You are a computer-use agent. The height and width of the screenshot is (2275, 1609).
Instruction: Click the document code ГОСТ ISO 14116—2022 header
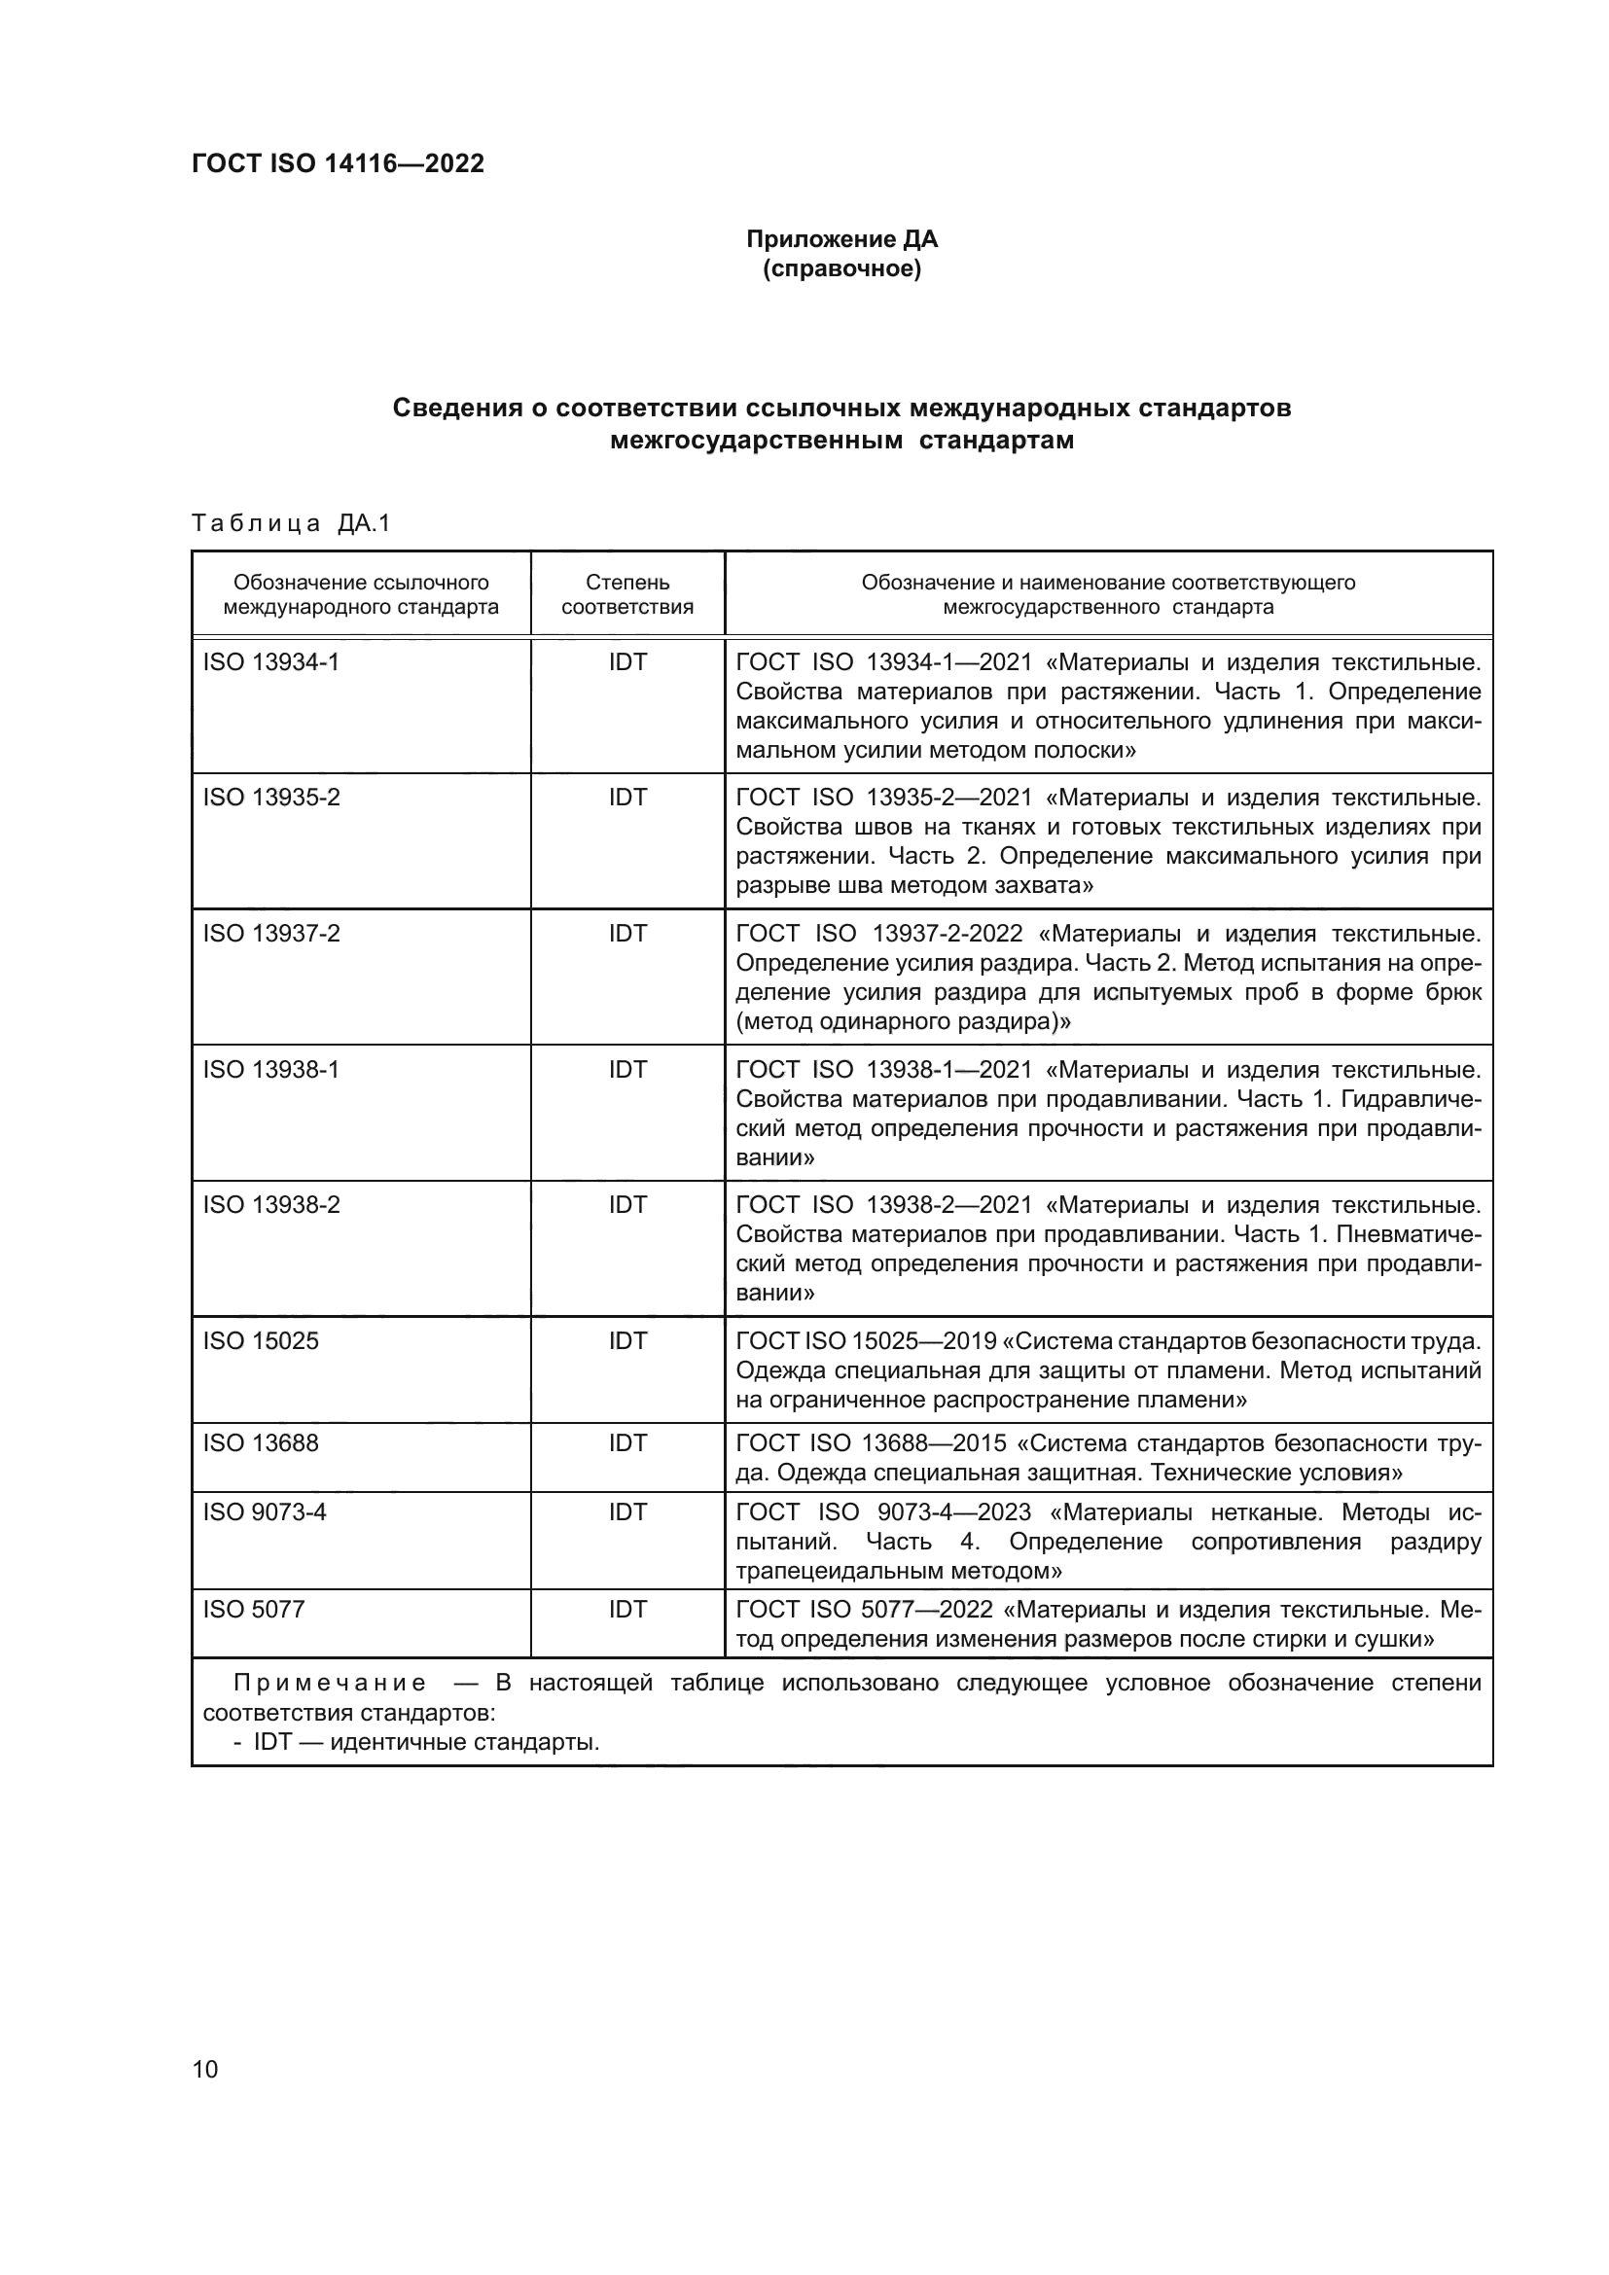pyautogui.click(x=338, y=163)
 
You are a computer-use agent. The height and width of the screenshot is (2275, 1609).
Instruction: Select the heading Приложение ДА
pyautogui.click(x=841, y=239)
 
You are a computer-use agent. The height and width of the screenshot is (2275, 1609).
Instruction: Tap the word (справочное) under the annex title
pyautogui.click(x=841, y=268)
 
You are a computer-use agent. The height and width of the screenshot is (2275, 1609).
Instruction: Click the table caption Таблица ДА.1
pyautogui.click(x=291, y=523)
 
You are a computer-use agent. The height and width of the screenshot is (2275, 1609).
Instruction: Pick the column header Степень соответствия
pyautogui.click(x=627, y=594)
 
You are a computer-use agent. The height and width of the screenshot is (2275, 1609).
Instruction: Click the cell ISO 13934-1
pyautogui.click(x=270, y=662)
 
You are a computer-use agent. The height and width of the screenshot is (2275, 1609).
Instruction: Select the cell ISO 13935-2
pyautogui.click(x=271, y=798)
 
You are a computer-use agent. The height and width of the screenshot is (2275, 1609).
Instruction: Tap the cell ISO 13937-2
pyautogui.click(x=271, y=934)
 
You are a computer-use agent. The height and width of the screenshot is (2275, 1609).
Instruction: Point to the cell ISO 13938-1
pyautogui.click(x=270, y=1069)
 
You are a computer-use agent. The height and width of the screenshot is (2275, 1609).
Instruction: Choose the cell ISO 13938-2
pyautogui.click(x=271, y=1205)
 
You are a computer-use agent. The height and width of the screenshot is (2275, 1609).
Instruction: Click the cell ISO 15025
pyautogui.click(x=261, y=1340)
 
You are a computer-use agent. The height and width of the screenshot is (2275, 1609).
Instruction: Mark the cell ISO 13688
pyautogui.click(x=261, y=1442)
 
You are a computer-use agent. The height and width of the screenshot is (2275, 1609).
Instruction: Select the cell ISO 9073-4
pyautogui.click(x=265, y=1512)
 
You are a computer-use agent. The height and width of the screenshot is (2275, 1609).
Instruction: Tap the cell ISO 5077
pyautogui.click(x=254, y=1609)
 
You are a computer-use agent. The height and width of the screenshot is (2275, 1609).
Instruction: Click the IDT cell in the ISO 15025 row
pyautogui.click(x=627, y=1340)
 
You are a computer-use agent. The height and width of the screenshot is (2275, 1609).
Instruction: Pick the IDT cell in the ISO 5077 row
pyautogui.click(x=627, y=1609)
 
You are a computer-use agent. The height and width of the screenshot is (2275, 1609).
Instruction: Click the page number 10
pyautogui.click(x=205, y=2069)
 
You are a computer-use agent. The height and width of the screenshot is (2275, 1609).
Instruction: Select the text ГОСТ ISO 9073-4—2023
pyautogui.click(x=883, y=1512)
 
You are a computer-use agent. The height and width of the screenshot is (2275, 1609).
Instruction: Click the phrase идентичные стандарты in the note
pyautogui.click(x=465, y=1742)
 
